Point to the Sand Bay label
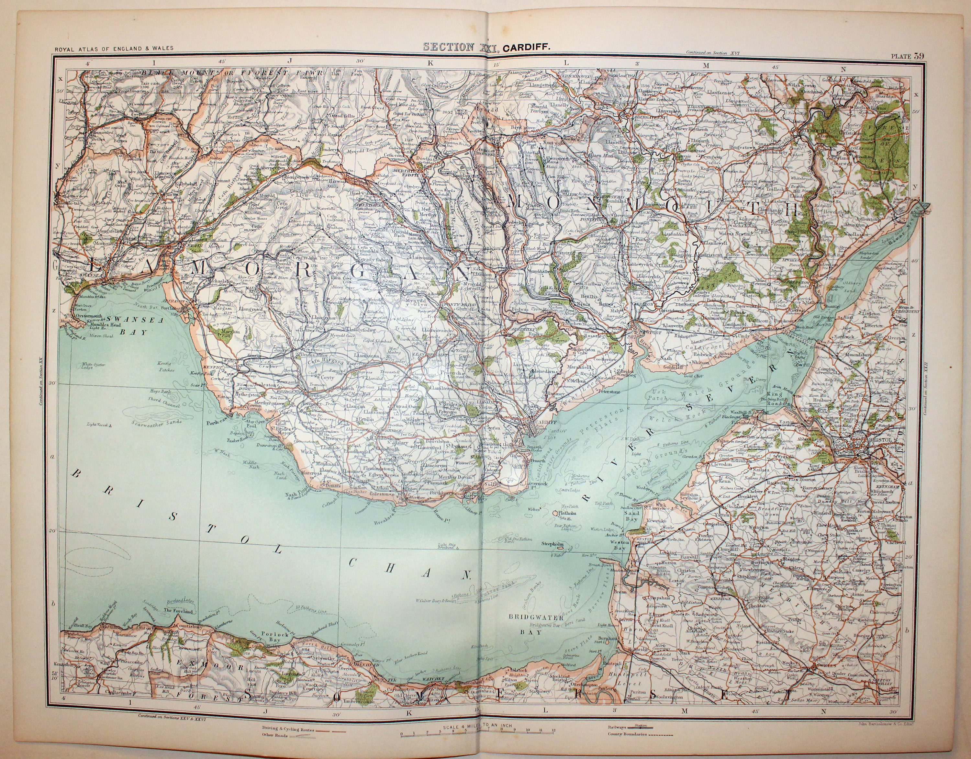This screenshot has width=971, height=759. coord(632,515)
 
